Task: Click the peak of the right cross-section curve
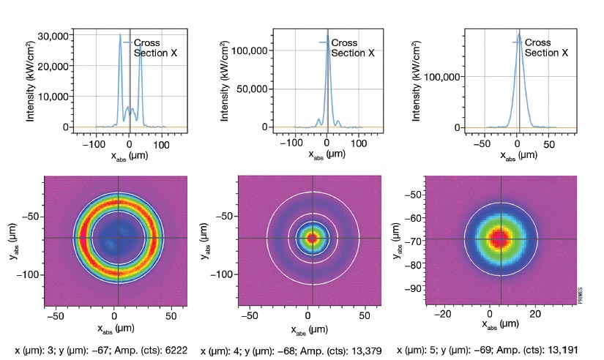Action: [518, 34]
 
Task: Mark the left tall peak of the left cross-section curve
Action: [120, 36]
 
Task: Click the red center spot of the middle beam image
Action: [312, 238]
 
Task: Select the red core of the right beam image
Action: [501, 238]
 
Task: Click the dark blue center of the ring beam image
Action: [116, 238]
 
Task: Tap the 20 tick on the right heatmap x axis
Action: [535, 313]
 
